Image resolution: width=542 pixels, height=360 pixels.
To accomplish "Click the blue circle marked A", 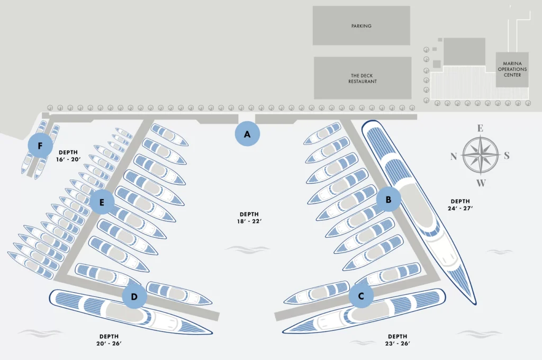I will [247, 134].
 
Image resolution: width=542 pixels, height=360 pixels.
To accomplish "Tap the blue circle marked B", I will [389, 200].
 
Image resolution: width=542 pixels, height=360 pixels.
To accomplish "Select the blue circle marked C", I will [362, 296].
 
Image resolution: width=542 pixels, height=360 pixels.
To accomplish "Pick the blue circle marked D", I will [134, 296].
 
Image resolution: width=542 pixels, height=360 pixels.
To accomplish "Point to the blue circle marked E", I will [102, 202].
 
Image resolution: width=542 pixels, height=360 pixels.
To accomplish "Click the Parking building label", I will [361, 26].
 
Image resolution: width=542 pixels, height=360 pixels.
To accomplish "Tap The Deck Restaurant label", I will [363, 78].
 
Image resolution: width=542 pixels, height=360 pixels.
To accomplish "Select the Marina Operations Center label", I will [512, 69].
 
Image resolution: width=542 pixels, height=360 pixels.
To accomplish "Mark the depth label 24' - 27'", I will [460, 204].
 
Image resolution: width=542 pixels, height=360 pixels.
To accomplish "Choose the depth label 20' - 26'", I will [109, 339].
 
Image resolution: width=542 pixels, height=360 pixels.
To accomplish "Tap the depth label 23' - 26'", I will [398, 339].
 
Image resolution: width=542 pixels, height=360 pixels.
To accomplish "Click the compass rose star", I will [481, 155].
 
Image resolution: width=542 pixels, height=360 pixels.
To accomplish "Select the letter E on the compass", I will [481, 128].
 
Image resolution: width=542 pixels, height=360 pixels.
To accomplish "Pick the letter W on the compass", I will [481, 183].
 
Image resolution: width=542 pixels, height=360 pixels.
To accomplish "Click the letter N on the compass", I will [454, 156].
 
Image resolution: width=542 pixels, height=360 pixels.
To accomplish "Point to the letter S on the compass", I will [507, 156].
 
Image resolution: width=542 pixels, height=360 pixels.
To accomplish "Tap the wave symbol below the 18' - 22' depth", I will [240, 248].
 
